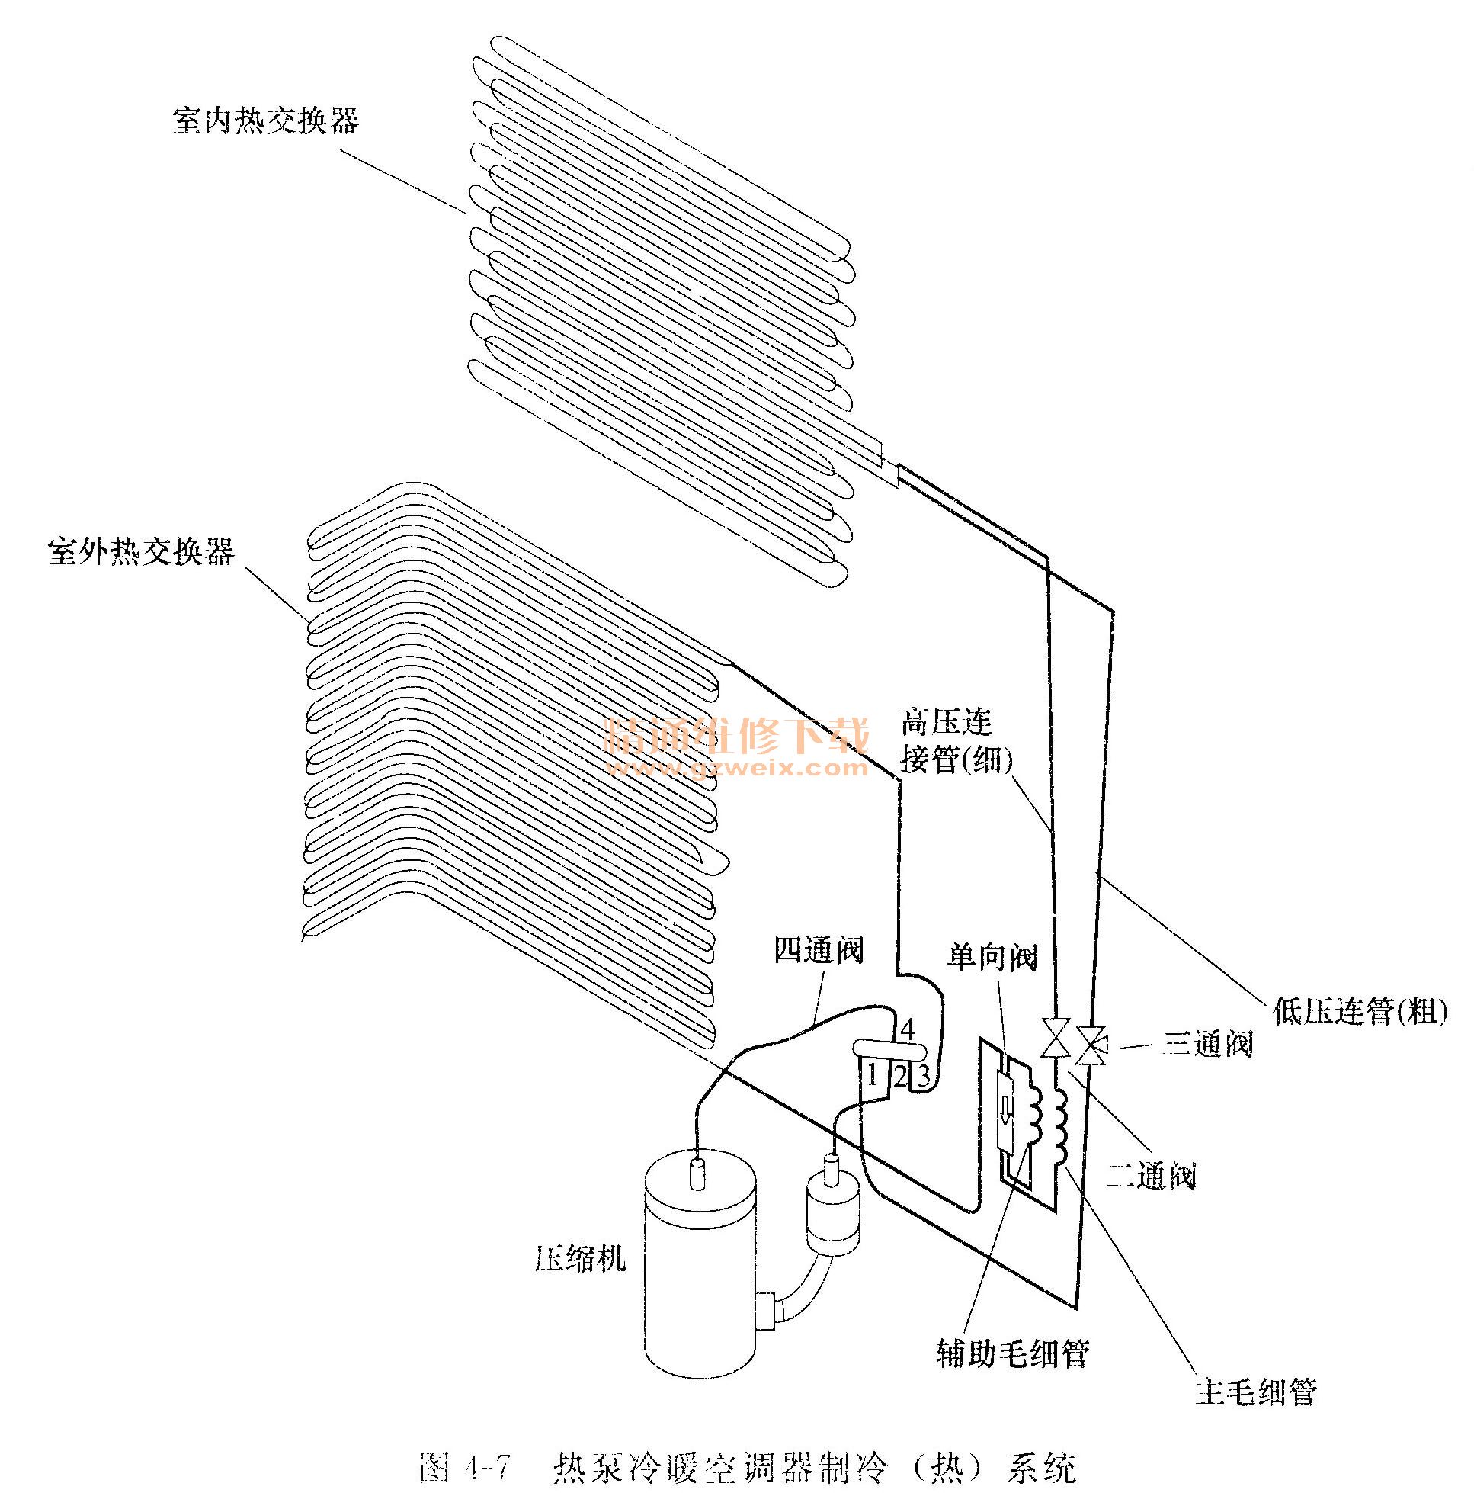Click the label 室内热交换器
pyautogui.click(x=265, y=121)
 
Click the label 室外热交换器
pyautogui.click(x=141, y=552)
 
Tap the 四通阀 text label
pyautogui.click(x=819, y=951)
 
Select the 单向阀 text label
pyautogui.click(x=992, y=958)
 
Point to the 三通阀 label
pyautogui.click(x=1207, y=1044)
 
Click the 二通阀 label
pyautogui.click(x=1150, y=1175)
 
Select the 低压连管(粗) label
pyautogui.click(x=1359, y=1011)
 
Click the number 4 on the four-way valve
pyautogui.click(x=908, y=1029)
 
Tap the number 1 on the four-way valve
pyautogui.click(x=872, y=1074)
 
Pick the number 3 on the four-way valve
pyautogui.click(x=922, y=1075)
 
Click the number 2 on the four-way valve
pyautogui.click(x=900, y=1075)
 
